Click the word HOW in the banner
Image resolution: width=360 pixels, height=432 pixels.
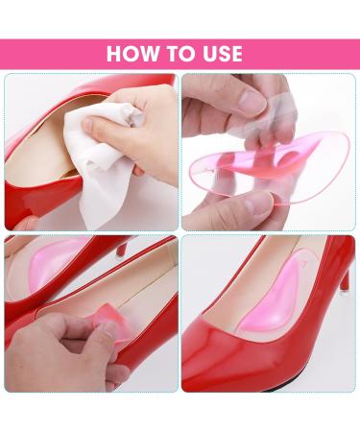click(131, 54)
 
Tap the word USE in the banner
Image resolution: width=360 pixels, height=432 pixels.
click(220, 54)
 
